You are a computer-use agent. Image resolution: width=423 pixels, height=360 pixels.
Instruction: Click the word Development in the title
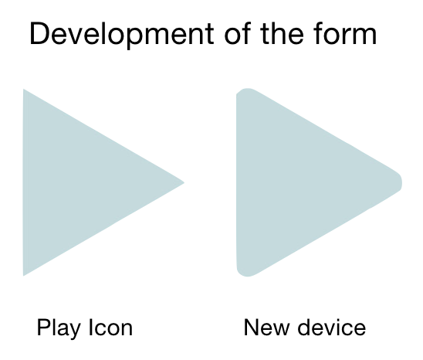pyautogui.click(x=122, y=35)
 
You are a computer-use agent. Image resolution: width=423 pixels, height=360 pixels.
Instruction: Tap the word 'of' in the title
pyautogui.click(x=238, y=33)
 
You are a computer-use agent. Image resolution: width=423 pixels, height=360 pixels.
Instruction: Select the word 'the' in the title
pyautogui.click(x=283, y=33)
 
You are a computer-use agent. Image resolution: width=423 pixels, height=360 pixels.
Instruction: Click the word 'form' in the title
pyautogui.click(x=345, y=33)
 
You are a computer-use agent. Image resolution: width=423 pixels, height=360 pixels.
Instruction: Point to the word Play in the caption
pyautogui.click(x=59, y=328)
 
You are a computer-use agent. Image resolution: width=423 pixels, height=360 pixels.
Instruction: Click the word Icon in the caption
pyautogui.click(x=111, y=328)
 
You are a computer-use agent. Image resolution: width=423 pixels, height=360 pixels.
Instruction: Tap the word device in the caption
pyautogui.click(x=332, y=328)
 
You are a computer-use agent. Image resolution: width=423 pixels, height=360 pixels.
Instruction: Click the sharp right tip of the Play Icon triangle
pyautogui.click(x=184, y=182)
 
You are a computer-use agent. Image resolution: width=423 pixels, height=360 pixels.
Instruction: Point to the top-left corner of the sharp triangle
pyautogui.click(x=23, y=89)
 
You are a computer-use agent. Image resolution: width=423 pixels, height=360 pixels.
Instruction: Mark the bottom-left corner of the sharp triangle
pyautogui.click(x=23, y=276)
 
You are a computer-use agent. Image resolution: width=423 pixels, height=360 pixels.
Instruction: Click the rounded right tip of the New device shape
pyautogui.click(x=401, y=182)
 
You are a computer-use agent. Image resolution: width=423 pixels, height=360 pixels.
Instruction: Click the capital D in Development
pyautogui.click(x=40, y=34)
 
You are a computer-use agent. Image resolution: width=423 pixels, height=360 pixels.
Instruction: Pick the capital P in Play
pyautogui.click(x=44, y=328)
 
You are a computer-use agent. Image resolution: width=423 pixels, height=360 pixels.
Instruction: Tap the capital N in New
pyautogui.click(x=252, y=328)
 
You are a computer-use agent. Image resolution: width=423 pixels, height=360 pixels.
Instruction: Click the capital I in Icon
pyautogui.click(x=90, y=328)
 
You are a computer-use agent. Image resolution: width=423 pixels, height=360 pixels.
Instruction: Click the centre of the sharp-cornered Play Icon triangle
pyautogui.click(x=77, y=182)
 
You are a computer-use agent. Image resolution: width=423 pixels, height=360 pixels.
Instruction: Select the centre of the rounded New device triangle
pyautogui.click(x=291, y=182)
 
